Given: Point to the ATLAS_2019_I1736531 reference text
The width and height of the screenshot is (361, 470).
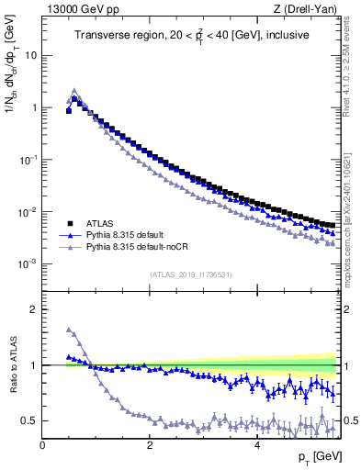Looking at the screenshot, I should (191, 274).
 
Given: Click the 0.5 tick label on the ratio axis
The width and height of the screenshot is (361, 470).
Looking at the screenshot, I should (28, 420).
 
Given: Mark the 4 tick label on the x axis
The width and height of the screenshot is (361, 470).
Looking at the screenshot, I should (255, 444).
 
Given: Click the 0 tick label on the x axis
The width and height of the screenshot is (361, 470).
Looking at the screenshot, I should (42, 444).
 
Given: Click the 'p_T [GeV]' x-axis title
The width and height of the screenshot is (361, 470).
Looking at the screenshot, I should (314, 457).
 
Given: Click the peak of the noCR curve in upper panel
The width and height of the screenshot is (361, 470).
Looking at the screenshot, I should (74, 91).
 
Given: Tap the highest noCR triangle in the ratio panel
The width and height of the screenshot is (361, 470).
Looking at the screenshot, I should (69, 330).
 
